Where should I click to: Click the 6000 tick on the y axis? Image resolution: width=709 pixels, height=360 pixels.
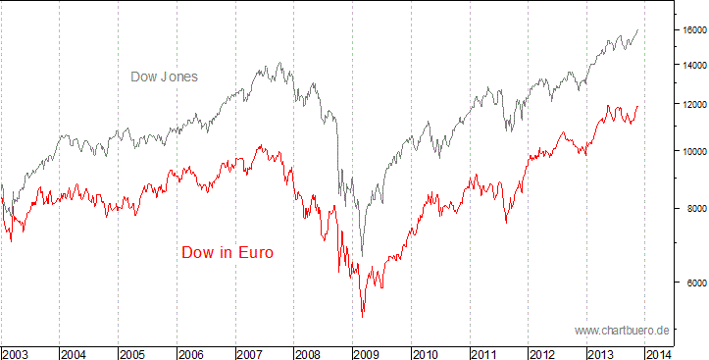(693, 283)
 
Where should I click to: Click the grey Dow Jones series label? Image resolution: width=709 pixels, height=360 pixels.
(165, 76)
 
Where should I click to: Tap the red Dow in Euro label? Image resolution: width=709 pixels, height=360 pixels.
(228, 252)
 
